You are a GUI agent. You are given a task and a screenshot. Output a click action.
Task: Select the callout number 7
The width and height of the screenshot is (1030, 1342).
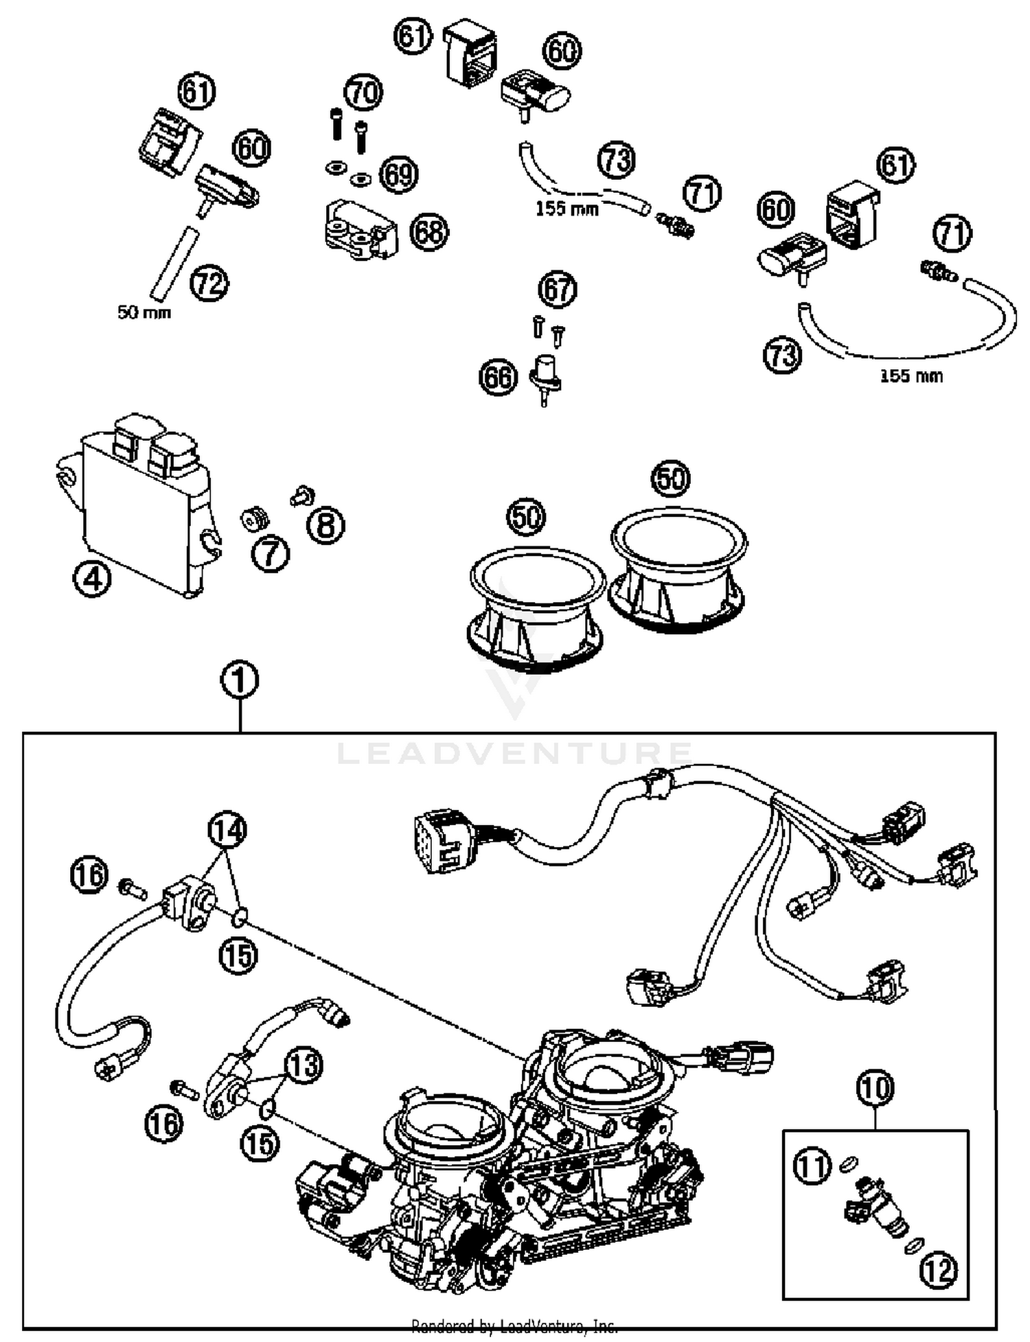270,553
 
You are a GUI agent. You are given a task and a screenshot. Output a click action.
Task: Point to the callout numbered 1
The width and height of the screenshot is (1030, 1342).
240,681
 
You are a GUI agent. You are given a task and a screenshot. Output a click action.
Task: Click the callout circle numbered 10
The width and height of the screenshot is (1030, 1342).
875,1087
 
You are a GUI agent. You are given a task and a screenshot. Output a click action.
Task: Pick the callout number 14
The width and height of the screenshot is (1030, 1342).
227,831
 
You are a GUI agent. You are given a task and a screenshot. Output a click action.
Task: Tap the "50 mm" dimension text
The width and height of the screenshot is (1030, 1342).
144,312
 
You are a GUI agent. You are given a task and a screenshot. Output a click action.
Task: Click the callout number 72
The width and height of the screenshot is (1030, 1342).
209,283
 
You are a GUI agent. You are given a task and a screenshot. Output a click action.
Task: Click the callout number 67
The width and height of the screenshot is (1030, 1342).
557,290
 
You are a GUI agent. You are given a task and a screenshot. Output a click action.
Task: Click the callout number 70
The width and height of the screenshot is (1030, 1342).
363,92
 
